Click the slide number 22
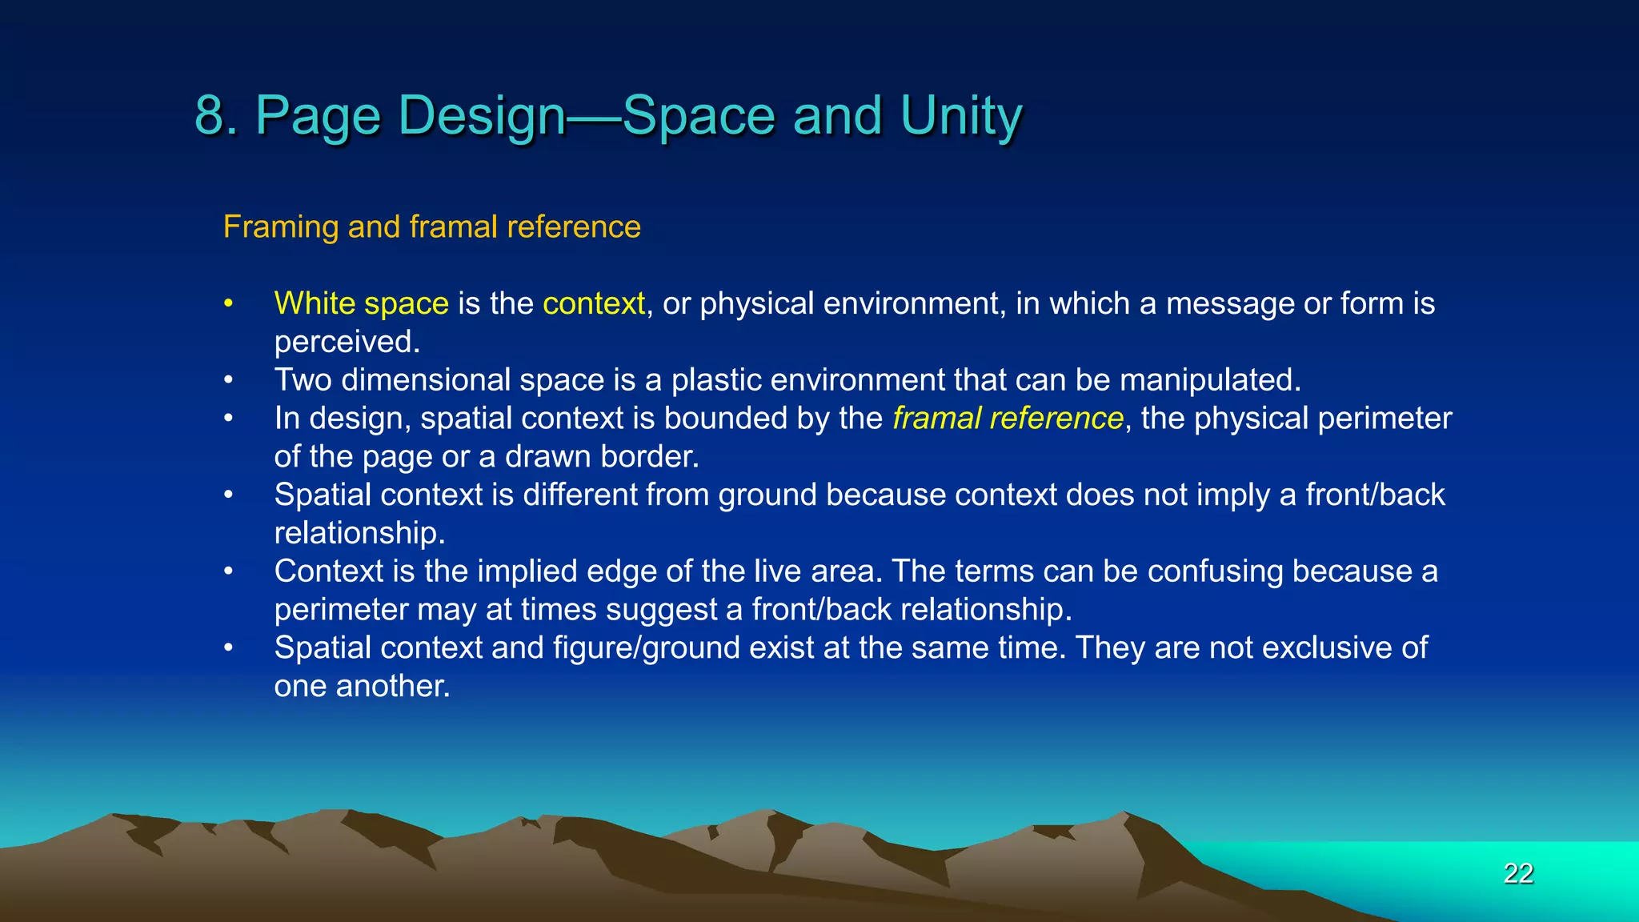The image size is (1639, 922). point(1517,873)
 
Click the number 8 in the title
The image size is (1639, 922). point(210,116)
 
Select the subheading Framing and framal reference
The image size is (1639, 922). point(431,227)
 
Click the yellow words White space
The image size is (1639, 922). point(361,304)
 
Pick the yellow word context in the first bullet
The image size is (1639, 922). point(593,304)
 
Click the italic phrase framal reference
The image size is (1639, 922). point(1008,419)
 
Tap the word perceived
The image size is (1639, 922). point(347,343)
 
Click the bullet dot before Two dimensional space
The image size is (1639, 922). point(229,380)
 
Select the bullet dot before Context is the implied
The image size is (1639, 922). point(229,571)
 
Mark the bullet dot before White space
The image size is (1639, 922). point(229,304)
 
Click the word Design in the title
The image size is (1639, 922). point(483,116)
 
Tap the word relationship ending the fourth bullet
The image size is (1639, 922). point(359,533)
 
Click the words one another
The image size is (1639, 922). point(362,687)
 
